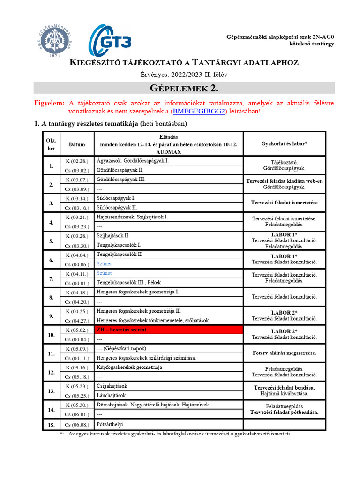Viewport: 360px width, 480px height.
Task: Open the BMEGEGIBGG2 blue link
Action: point(199,112)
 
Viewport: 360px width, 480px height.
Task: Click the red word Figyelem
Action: point(49,103)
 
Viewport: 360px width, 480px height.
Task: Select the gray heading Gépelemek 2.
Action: point(184,88)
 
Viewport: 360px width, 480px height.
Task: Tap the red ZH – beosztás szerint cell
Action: point(168,330)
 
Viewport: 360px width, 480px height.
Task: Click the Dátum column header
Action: point(77,145)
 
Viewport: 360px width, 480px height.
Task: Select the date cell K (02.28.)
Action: point(77,161)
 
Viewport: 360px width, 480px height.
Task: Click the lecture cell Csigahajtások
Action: point(112,386)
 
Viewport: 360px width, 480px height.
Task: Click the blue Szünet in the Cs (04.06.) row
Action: point(104,264)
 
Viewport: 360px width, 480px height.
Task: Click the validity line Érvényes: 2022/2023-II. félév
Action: point(184,74)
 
